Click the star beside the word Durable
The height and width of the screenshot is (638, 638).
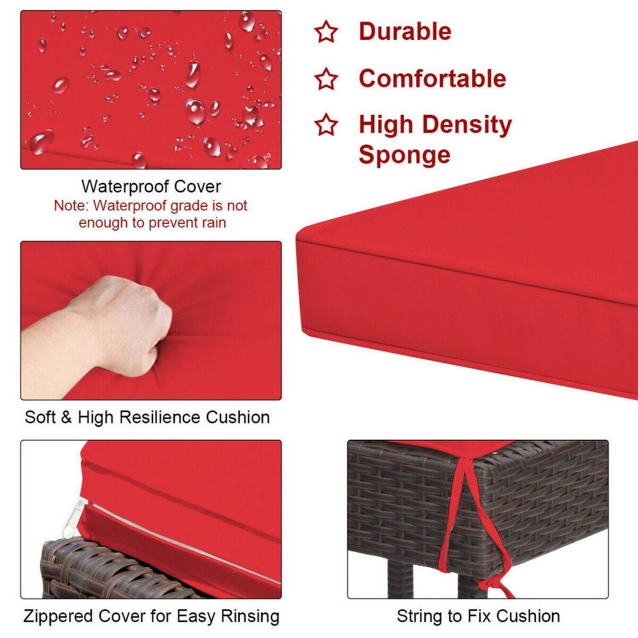pos(326,32)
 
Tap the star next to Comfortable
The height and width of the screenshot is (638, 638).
pos(326,79)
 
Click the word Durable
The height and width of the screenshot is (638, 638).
pos(404,31)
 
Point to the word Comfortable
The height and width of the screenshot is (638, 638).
pos(432,79)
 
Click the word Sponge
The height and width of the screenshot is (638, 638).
pos(404,155)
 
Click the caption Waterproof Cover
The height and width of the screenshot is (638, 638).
pos(151,186)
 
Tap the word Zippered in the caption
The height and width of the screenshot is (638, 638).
pos(58,616)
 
